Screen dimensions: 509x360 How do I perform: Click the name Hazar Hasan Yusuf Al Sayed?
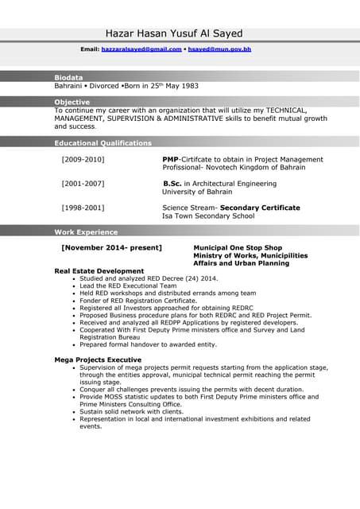174,33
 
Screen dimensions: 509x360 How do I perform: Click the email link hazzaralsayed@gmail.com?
141,49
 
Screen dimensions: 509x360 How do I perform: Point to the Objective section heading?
72,102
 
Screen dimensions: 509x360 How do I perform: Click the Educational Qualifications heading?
103,143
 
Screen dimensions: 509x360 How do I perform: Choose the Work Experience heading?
86,232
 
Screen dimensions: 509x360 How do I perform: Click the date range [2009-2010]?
83,160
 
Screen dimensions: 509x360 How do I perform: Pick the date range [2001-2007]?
83,184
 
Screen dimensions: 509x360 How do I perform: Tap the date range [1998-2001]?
83,208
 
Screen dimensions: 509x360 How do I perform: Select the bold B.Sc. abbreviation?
172,184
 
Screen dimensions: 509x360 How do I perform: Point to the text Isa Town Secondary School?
208,216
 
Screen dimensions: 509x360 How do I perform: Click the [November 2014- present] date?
111,247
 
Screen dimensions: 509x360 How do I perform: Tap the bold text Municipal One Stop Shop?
238,247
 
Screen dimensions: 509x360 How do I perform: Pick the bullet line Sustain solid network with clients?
131,411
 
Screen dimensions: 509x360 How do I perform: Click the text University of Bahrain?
197,192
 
